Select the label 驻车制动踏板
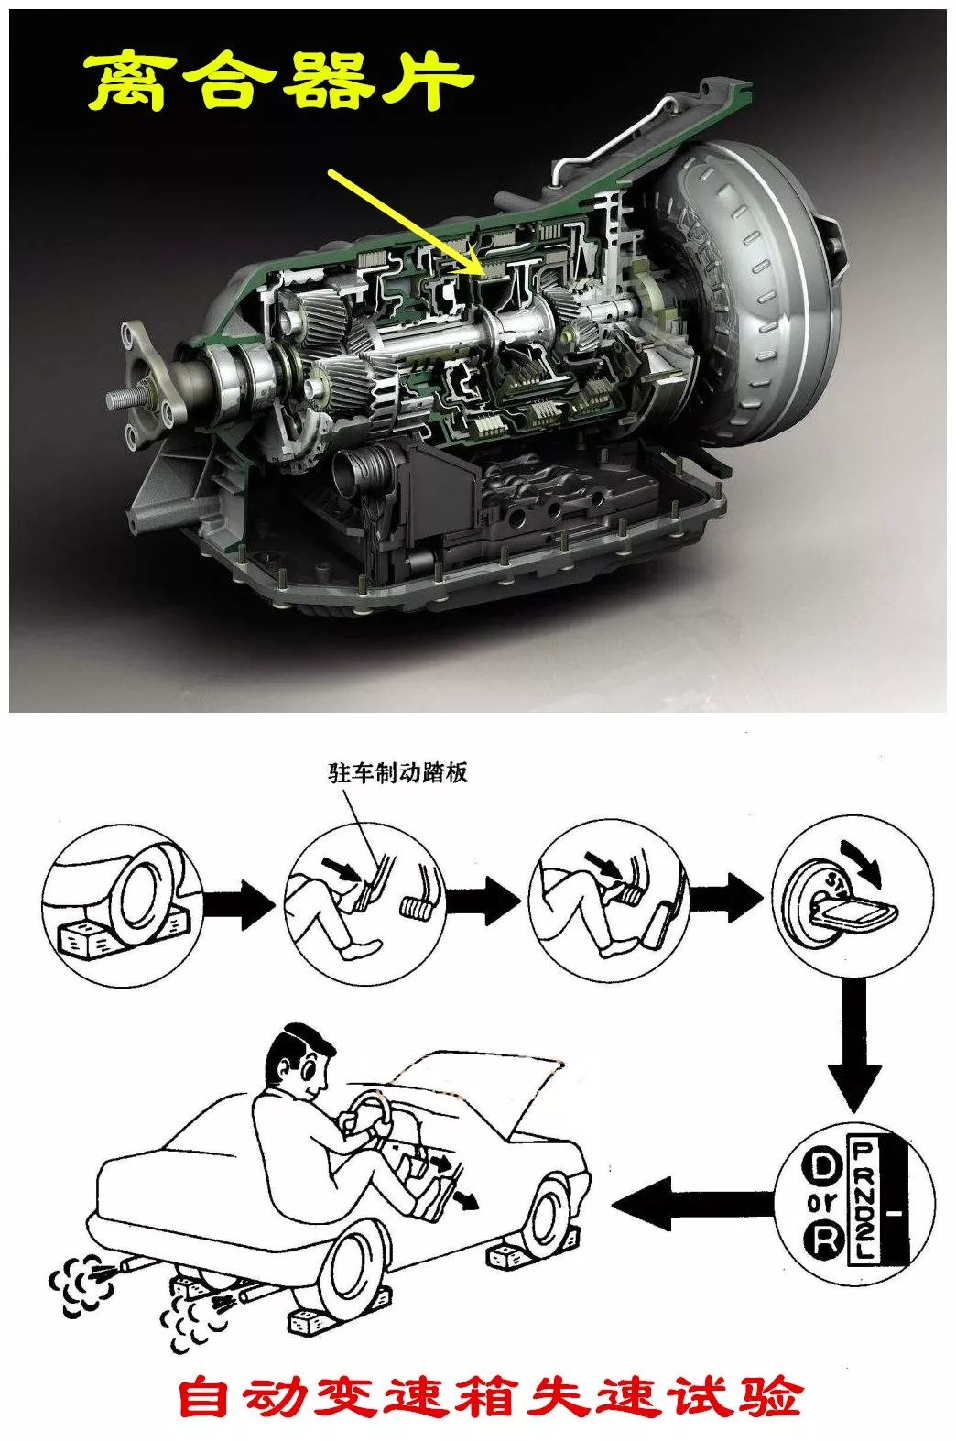pyautogui.click(x=398, y=772)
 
